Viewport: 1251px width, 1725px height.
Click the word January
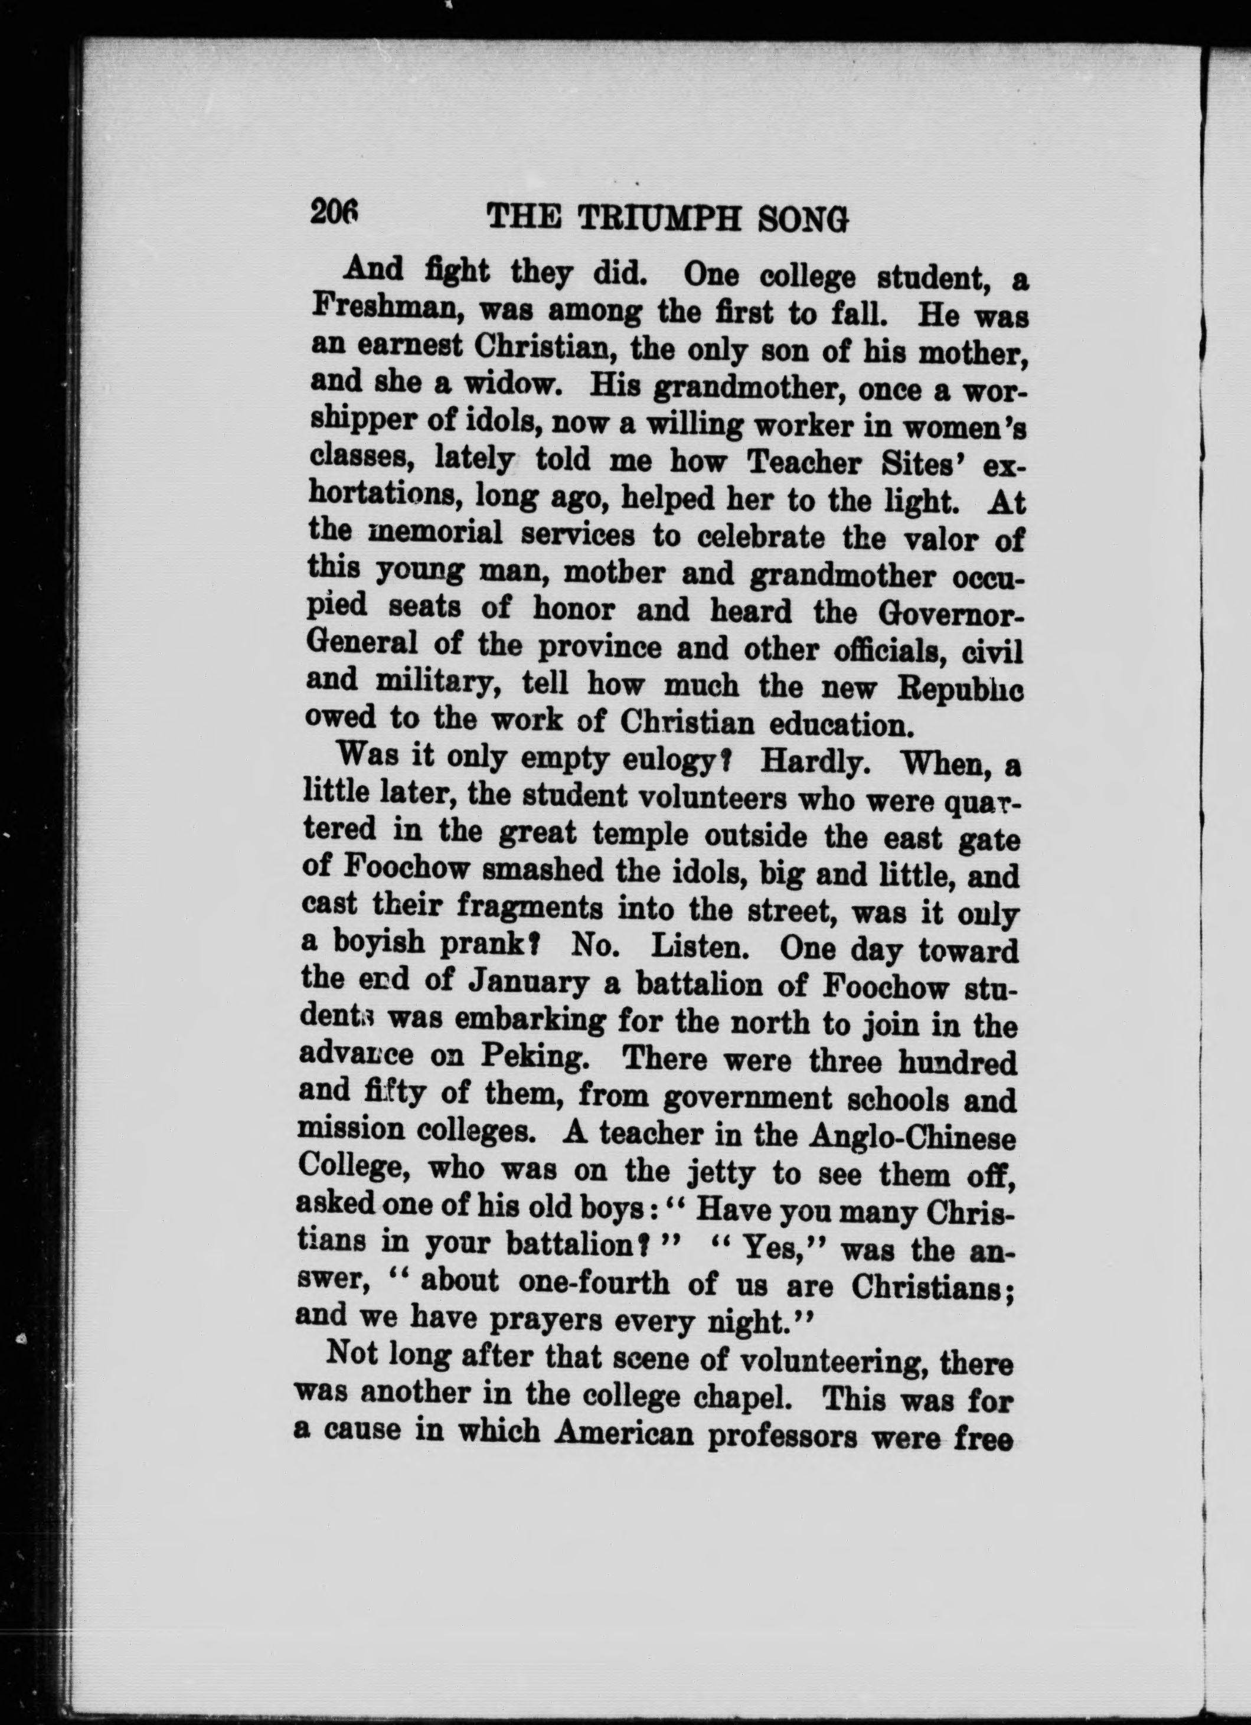point(526,984)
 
